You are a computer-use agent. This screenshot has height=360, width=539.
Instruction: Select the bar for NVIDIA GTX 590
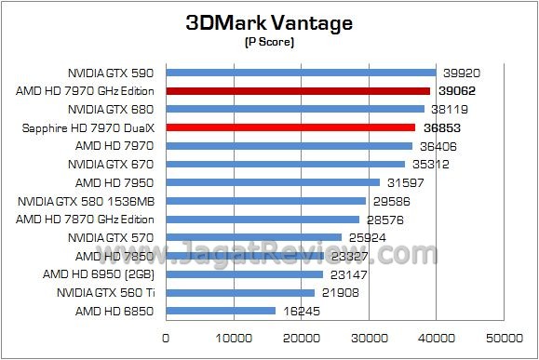(x=301, y=73)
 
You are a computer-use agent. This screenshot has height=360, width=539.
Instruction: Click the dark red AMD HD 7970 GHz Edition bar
(x=298, y=91)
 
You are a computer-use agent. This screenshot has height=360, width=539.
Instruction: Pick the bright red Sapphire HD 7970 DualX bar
(x=290, y=127)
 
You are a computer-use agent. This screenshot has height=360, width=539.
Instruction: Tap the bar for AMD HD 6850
(x=221, y=311)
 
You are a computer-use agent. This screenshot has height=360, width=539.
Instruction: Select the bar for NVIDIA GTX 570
(x=253, y=237)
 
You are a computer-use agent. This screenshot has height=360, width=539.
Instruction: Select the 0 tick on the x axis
(x=167, y=337)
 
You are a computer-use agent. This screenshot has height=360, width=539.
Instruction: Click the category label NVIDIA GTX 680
(x=110, y=109)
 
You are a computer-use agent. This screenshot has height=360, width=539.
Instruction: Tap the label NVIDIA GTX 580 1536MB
(x=91, y=201)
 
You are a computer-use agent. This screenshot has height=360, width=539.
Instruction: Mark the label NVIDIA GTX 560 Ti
(x=104, y=292)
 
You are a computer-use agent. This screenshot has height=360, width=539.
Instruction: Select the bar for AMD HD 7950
(x=273, y=182)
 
